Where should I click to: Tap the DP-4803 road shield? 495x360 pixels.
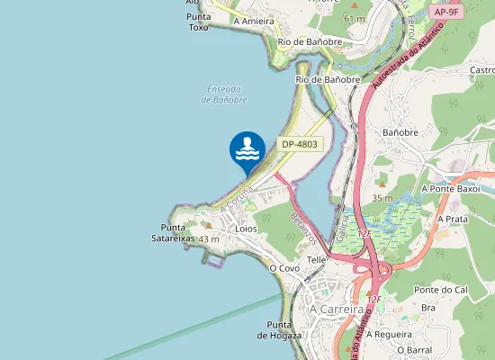[300, 144]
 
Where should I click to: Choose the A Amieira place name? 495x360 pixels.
[253, 20]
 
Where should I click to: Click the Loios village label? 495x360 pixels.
[245, 229]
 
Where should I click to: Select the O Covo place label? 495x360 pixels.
[284, 268]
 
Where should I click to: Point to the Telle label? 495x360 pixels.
[316, 259]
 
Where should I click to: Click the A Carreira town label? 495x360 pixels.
[337, 309]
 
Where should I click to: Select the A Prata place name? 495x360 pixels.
[453, 219]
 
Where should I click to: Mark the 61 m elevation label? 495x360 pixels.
[354, 18]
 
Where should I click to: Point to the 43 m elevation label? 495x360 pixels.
[209, 239]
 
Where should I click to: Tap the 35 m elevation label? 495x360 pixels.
[382, 198]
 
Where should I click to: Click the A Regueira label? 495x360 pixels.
[393, 333]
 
